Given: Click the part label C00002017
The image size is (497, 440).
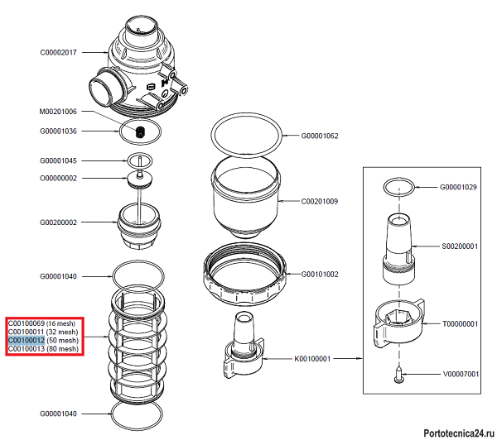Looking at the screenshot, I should pos(58,52).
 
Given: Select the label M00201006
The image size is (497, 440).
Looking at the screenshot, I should pos(58,112).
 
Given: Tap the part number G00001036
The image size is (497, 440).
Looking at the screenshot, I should pos(58,131).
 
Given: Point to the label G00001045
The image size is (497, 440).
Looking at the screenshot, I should pos(58,160).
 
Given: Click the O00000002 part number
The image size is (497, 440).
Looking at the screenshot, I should pos(58,178).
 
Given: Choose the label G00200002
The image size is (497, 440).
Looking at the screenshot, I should pos(58,222).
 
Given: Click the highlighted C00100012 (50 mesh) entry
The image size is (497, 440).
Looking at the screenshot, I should pos(44,340).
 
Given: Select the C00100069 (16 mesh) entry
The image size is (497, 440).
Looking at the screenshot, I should pos(44,322).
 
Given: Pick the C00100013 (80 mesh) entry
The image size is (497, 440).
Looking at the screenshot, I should pos(44,349).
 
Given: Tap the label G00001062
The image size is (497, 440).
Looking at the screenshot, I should pos(320,135).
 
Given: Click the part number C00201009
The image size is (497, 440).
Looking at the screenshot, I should pos(320,201).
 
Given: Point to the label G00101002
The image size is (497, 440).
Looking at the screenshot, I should pos(320,274).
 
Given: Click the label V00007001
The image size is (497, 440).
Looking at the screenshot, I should pos(459,374).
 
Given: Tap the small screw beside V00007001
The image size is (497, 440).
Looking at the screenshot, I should pos(399,376).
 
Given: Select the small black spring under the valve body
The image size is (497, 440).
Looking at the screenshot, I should pos(140,132).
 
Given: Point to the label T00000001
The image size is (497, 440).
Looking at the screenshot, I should pos(459,324).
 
